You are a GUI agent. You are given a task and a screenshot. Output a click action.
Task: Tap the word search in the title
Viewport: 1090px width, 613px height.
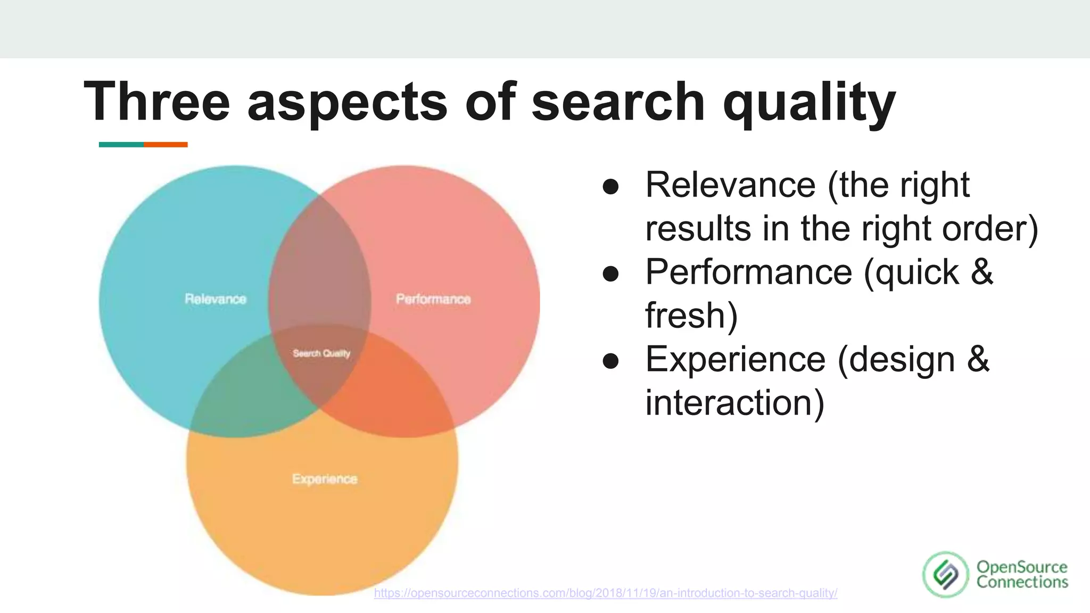pos(617,101)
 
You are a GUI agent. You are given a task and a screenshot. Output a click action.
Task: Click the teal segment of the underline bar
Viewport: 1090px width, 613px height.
pos(121,145)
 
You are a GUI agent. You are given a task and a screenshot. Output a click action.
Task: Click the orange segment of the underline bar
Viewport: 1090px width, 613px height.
pos(166,145)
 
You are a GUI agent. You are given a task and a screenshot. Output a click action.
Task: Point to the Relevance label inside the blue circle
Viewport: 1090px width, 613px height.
pos(216,299)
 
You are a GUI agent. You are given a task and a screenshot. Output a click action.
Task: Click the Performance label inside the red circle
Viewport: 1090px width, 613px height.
pos(433,299)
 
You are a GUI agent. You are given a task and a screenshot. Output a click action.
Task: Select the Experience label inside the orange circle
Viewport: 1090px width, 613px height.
pos(325,479)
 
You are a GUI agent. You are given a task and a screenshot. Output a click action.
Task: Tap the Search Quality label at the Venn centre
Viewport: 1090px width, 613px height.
pos(321,353)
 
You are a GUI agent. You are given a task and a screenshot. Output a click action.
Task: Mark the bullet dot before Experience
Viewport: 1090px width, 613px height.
pos(610,361)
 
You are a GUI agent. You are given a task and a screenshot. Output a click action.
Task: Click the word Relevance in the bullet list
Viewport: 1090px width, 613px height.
pos(730,185)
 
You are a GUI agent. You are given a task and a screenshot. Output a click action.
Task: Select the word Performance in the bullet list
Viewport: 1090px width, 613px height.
pos(748,272)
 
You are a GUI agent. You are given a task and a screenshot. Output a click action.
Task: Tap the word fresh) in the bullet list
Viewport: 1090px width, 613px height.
pos(691,316)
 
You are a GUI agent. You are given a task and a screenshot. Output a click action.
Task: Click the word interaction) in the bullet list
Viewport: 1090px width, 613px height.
pos(734,403)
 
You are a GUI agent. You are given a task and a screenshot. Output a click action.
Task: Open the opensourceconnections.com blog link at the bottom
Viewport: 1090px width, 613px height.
pos(605,593)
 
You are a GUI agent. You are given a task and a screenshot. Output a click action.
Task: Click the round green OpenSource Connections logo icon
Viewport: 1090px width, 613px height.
pos(946,574)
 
